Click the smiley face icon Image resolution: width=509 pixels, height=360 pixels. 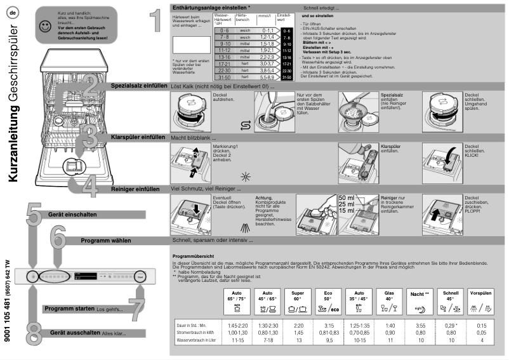tap(44, 27)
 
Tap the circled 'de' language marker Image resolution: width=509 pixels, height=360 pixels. tap(13, 13)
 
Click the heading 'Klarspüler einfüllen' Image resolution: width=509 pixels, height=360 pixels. tap(138, 137)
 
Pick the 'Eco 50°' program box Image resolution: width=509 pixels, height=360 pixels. tap(328, 301)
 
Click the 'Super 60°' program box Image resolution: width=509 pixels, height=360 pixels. tap(298, 301)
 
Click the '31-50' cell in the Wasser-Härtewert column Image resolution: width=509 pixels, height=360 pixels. tap(223, 77)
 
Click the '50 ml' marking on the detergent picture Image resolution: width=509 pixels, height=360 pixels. tap(347, 197)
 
